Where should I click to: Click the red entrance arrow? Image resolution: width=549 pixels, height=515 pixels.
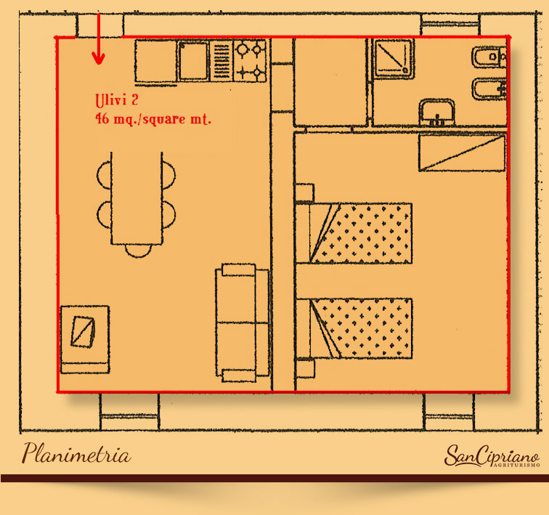(x=98, y=38)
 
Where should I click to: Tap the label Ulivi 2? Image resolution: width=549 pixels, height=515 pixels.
(x=117, y=100)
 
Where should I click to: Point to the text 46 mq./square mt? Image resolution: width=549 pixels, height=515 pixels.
(x=153, y=119)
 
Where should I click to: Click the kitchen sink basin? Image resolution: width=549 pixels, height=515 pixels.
(x=193, y=61)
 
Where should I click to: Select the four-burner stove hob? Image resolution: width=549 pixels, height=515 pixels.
(x=250, y=61)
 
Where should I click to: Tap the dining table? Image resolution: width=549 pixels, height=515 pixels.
(x=137, y=198)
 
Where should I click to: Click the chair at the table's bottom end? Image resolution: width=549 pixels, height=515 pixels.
(x=138, y=251)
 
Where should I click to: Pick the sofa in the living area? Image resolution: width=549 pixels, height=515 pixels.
(x=242, y=323)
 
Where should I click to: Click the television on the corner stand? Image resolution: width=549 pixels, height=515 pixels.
(x=83, y=331)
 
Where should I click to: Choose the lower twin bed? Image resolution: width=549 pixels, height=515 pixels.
(x=361, y=328)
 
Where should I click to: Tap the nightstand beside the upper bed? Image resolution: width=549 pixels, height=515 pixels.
(x=304, y=192)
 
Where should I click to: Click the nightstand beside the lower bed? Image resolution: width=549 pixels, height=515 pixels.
(x=305, y=368)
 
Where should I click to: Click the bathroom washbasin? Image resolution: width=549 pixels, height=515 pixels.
(x=437, y=112)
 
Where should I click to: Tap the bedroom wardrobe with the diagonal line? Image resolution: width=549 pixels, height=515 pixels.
(x=462, y=153)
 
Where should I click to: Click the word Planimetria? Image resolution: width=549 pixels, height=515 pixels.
(x=76, y=453)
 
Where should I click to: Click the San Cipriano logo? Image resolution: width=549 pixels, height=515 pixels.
(x=492, y=456)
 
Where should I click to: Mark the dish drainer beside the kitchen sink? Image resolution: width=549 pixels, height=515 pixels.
(x=221, y=61)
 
